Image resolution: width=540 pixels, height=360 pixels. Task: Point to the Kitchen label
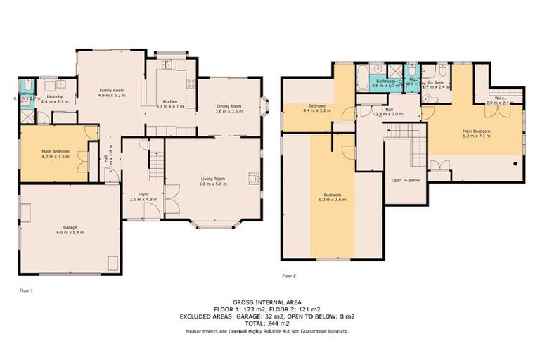(x=170, y=101)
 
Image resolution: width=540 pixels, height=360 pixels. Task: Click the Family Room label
(x=111, y=90)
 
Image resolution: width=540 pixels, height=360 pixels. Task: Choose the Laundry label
(x=55, y=97)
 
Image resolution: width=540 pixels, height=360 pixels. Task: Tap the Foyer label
(x=143, y=193)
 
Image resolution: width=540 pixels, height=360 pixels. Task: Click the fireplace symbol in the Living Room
(x=254, y=178)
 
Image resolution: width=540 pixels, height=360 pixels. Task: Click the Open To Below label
(x=406, y=180)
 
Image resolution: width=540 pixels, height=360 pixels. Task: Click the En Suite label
(x=435, y=83)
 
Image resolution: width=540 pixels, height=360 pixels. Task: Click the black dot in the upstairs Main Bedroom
(x=515, y=163)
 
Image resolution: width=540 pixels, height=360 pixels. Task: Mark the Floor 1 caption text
(x=26, y=289)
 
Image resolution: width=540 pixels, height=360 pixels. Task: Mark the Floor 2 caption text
(x=289, y=275)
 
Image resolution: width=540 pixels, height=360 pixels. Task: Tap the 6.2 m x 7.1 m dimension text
(x=476, y=136)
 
